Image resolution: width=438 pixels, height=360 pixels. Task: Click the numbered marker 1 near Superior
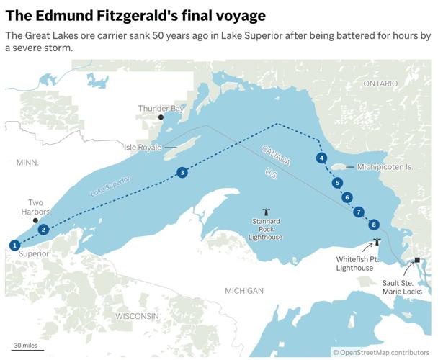14,245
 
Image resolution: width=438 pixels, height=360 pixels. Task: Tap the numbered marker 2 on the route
43,230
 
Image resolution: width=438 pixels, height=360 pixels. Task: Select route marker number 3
182,172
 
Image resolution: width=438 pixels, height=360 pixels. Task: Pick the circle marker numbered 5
337,183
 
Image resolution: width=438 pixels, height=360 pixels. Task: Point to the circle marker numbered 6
348,197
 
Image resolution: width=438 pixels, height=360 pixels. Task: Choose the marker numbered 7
359,212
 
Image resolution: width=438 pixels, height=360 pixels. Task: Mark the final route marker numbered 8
373,225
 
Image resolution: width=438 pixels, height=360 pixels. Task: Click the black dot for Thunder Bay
161,117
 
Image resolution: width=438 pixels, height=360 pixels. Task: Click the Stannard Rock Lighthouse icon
267,212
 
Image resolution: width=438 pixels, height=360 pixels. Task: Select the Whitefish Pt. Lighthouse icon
376,243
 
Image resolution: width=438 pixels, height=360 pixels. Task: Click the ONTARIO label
380,84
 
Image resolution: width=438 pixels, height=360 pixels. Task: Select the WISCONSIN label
137,316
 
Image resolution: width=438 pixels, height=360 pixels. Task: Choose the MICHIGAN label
243,290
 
